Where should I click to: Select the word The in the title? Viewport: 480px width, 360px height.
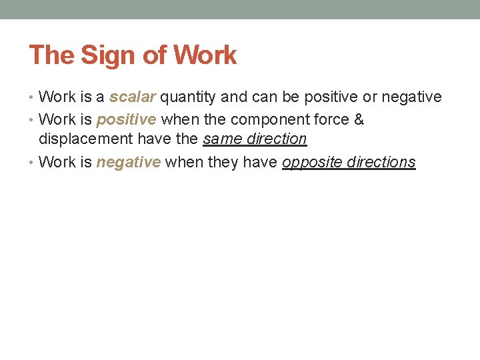click(52, 55)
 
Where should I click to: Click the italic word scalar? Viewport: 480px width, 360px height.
click(133, 97)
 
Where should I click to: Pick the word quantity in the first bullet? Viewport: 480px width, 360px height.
click(188, 97)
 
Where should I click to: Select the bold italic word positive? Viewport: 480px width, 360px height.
click(127, 120)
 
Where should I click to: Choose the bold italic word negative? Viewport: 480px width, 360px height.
click(129, 162)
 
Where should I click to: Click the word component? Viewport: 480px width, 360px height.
click(251, 120)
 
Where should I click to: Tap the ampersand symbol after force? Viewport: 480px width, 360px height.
click(358, 120)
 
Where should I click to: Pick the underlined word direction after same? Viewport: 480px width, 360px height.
click(275, 139)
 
